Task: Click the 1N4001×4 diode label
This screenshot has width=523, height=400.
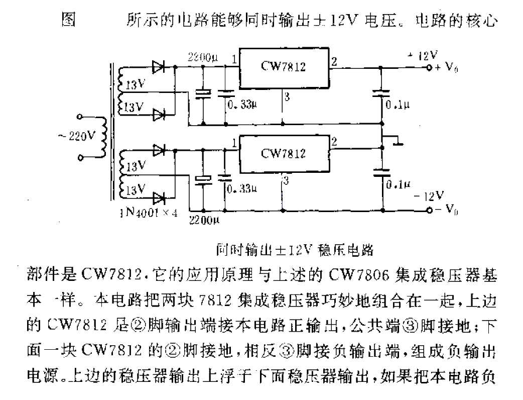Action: [149, 213]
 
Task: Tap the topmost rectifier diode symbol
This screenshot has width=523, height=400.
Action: [159, 67]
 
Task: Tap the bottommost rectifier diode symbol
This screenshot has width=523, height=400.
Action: [159, 197]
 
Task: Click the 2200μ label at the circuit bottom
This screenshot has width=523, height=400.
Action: [205, 220]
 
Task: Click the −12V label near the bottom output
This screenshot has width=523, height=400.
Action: [431, 195]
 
